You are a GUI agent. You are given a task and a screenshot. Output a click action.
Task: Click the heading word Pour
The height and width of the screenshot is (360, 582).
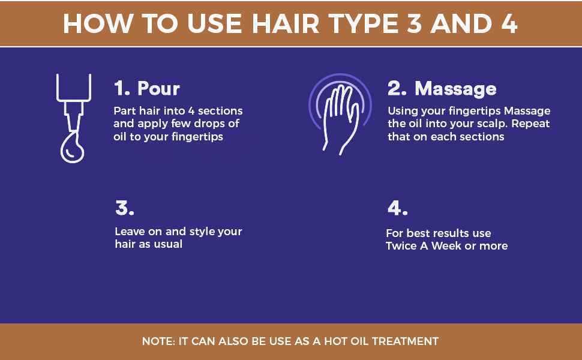pyautogui.click(x=158, y=89)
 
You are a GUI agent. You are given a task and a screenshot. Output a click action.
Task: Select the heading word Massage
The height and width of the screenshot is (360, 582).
pyautogui.click(x=455, y=89)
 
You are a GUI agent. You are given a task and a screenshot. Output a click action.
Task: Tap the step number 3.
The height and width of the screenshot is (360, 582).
pyautogui.click(x=125, y=208)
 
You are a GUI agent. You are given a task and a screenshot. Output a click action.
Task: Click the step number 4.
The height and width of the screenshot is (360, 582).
pyautogui.click(x=398, y=208)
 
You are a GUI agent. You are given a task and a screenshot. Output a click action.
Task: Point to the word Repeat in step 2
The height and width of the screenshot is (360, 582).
pyautogui.click(x=531, y=124)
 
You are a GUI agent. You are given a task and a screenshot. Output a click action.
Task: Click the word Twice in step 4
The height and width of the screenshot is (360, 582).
pyautogui.click(x=401, y=245)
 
